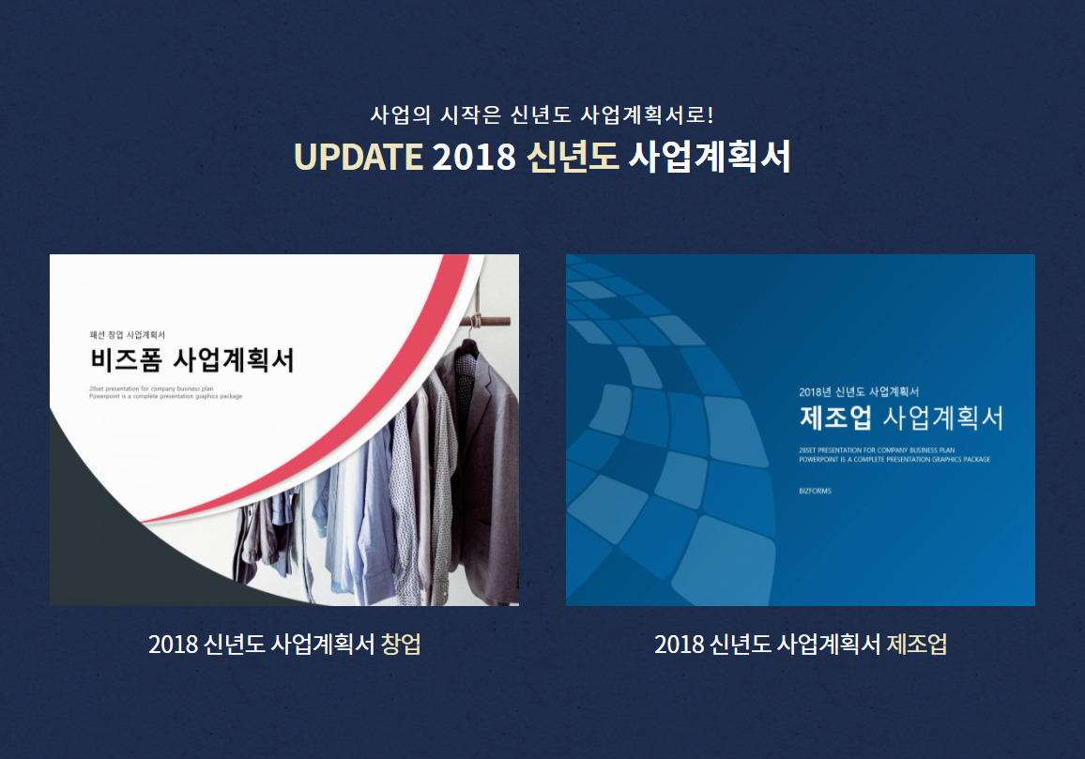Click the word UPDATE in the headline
click(x=358, y=157)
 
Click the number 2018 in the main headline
click(x=474, y=157)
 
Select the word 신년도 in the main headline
click(x=573, y=157)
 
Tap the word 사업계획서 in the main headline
click(x=709, y=157)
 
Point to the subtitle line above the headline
click(x=542, y=115)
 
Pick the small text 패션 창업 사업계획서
click(x=128, y=334)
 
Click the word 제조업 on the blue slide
click(x=836, y=417)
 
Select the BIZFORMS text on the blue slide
click(x=816, y=491)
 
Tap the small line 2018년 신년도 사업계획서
click(x=859, y=391)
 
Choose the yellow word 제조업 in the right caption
click(x=916, y=645)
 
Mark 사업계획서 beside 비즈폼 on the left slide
click(x=234, y=359)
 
